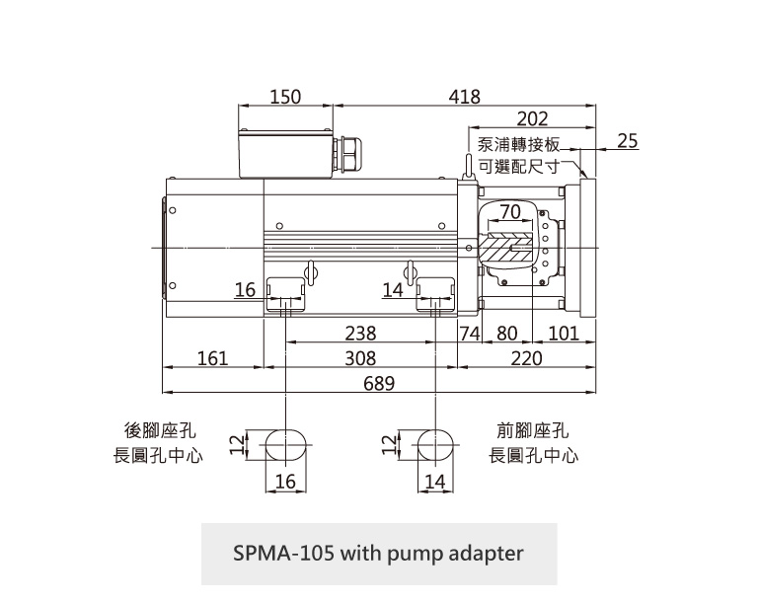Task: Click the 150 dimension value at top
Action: [x=285, y=97]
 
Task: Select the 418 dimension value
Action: [x=464, y=97]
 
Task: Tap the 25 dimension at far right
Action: [x=627, y=142]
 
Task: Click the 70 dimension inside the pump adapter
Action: [x=509, y=212]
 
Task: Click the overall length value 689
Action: [x=379, y=383]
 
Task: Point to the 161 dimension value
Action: [x=212, y=358]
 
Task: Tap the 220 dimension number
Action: [x=527, y=358]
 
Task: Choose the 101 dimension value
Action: [x=564, y=334]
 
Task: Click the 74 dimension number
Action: [x=469, y=334]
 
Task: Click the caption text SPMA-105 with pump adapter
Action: [x=379, y=553]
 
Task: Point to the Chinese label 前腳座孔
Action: [x=534, y=431]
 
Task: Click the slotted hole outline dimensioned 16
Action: [x=285, y=445]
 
